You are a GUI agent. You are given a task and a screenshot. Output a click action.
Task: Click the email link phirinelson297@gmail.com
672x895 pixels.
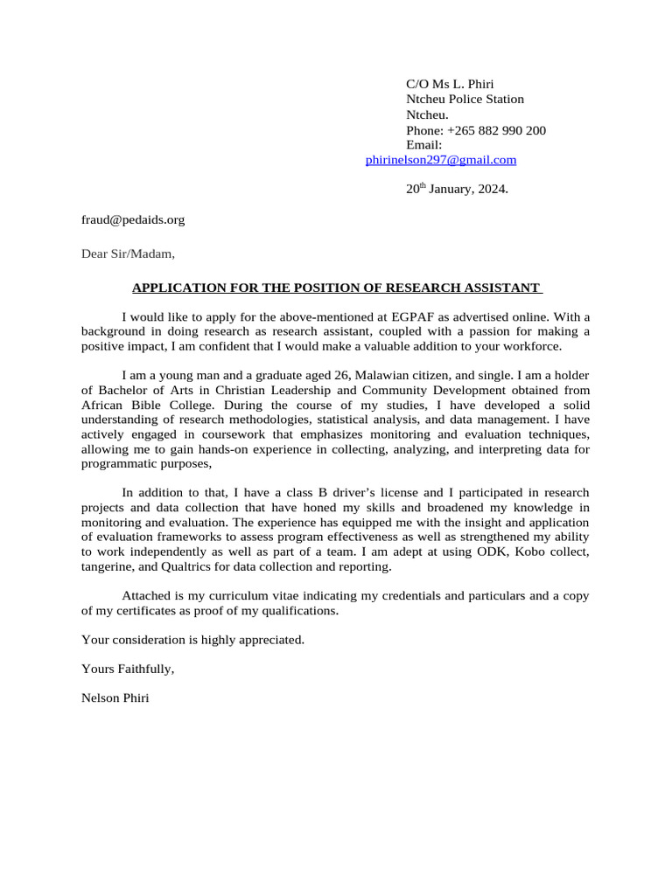pos(440,160)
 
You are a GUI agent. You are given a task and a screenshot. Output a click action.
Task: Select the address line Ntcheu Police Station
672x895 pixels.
pos(465,100)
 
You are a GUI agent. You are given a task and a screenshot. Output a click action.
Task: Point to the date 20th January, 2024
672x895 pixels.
pos(456,189)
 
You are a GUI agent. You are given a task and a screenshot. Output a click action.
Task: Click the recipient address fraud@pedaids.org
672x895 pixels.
pos(133,220)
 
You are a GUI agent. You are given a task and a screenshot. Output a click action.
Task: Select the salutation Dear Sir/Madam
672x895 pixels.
pos(128,254)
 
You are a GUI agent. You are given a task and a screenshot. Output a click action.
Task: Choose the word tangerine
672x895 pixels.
pos(108,566)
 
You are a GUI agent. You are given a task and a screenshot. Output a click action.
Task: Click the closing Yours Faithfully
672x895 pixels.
pos(128,669)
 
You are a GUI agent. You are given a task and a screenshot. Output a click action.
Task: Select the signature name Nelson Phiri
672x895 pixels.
pos(115,698)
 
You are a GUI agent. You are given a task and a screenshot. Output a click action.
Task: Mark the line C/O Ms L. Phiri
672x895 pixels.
pos(450,84)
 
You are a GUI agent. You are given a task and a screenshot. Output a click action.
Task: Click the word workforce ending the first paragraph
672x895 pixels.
pos(521,346)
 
